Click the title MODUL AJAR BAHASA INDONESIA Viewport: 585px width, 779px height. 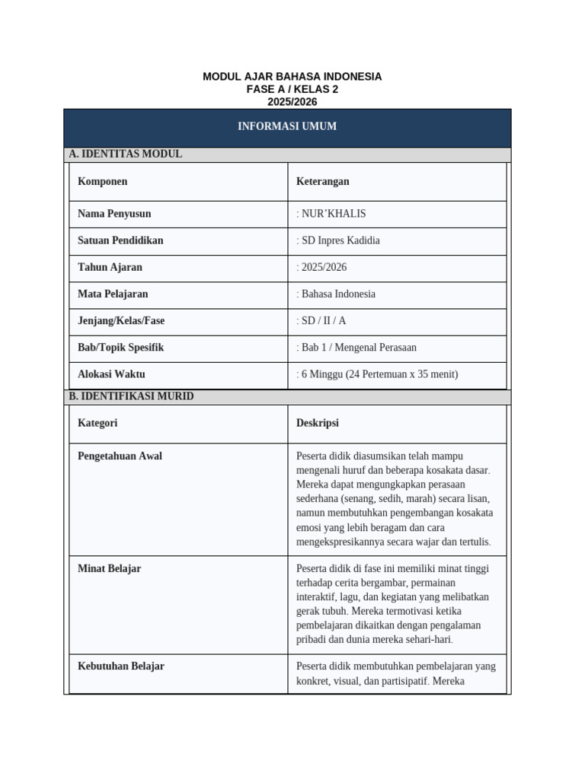click(x=292, y=77)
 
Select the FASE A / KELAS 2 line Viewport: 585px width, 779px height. click(x=292, y=89)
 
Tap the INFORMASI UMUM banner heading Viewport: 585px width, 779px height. click(x=287, y=126)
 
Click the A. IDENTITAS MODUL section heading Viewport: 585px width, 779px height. click(x=126, y=154)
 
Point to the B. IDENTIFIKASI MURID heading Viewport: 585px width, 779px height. click(x=131, y=396)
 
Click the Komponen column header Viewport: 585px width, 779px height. click(x=103, y=181)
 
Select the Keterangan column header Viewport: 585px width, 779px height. click(x=323, y=181)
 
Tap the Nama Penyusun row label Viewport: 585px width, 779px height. click(x=114, y=214)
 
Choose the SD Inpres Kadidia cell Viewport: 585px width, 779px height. click(x=338, y=240)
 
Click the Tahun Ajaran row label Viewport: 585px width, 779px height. click(x=110, y=267)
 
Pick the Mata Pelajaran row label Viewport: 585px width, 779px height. click(x=113, y=294)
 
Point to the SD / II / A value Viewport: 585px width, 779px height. click(x=321, y=320)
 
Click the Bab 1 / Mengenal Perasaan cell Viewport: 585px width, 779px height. click(x=356, y=347)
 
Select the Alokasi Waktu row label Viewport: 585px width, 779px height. click(x=111, y=374)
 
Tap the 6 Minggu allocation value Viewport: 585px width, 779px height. click(x=377, y=374)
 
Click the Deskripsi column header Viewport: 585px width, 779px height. click(x=318, y=423)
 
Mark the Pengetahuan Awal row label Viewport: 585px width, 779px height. click(x=120, y=456)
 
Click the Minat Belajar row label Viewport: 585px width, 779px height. click(x=109, y=568)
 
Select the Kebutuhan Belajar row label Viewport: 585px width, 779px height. click(x=121, y=666)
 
